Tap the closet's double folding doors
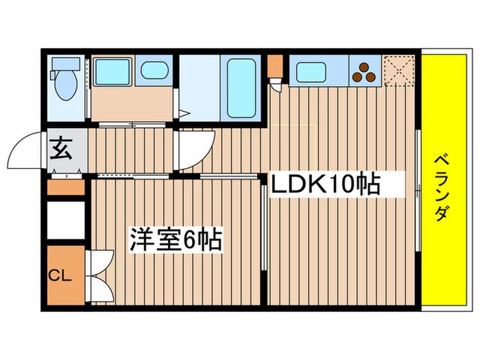98,275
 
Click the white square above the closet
66,219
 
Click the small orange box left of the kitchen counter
274,66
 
